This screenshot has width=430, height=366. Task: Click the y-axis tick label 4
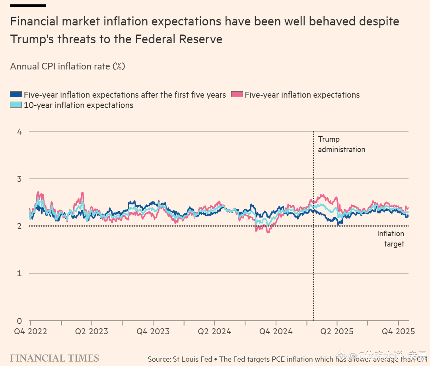[19, 131]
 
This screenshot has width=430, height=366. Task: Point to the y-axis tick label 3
[19, 179]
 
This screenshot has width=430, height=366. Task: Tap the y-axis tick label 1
[19, 274]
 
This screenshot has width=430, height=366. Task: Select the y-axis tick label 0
[19, 321]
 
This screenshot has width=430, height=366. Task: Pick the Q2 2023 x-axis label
[91, 331]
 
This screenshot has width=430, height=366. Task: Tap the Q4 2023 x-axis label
[153, 331]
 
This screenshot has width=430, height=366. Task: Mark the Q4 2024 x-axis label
[276, 331]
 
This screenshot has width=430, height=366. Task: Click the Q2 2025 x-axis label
[337, 331]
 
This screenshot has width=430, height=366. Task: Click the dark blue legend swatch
[16, 95]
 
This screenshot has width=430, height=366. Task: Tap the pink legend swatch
[237, 95]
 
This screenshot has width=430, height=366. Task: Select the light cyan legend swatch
[16, 105]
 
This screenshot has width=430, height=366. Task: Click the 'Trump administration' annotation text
[341, 144]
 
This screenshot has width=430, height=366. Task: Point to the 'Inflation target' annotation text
[391, 239]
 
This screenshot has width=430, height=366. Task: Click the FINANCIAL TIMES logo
[54, 358]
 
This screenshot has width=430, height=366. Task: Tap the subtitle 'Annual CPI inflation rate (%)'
[68, 66]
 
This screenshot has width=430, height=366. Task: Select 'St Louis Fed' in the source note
[193, 359]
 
